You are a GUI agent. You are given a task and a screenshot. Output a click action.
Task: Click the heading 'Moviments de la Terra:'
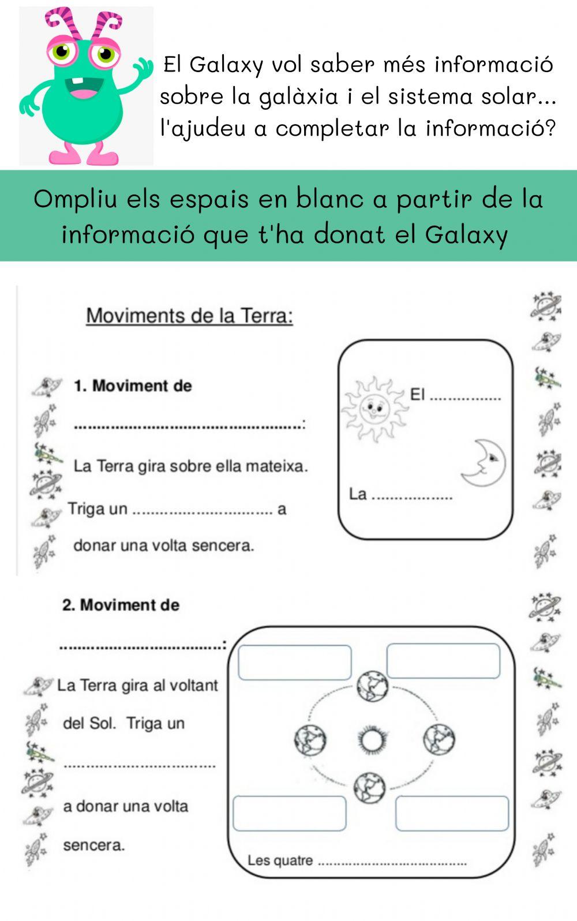pyautogui.click(x=189, y=316)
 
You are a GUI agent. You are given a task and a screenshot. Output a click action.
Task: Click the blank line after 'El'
pyautogui.click(x=466, y=397)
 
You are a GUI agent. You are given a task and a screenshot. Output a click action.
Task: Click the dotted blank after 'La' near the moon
pyautogui.click(x=411, y=496)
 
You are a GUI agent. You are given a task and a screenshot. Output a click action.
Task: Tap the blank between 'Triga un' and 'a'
pyautogui.click(x=203, y=511)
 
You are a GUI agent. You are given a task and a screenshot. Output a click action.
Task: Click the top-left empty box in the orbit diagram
pyautogui.click(x=294, y=662)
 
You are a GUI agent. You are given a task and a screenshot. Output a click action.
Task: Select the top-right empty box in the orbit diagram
pyautogui.click(x=443, y=661)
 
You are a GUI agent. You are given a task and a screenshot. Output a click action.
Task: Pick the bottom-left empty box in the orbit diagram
pyautogui.click(x=289, y=813)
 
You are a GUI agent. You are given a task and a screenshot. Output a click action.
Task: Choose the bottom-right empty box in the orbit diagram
pyautogui.click(x=452, y=813)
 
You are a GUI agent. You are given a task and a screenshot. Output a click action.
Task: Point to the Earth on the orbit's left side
pyautogui.click(x=310, y=740)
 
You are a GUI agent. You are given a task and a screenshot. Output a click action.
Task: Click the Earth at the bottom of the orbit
pyautogui.click(x=369, y=787)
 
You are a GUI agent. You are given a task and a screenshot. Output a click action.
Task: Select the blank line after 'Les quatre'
pyautogui.click(x=392, y=863)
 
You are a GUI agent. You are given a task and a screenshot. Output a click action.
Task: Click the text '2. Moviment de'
pyautogui.click(x=121, y=605)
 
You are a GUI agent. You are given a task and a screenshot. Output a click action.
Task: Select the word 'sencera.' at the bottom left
pyautogui.click(x=93, y=845)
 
